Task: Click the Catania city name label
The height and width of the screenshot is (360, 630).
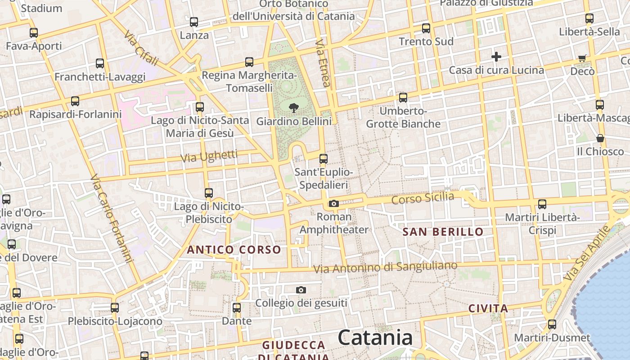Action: click(x=375, y=337)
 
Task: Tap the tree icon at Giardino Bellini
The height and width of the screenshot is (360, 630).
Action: click(x=294, y=108)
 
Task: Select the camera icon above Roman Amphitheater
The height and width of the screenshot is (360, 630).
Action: click(x=333, y=204)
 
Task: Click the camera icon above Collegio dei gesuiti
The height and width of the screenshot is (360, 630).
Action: click(x=301, y=290)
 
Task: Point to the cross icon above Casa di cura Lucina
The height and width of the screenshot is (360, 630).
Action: click(x=496, y=57)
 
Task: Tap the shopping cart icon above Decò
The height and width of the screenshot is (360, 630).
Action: click(x=582, y=58)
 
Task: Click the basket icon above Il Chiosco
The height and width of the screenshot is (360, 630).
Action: click(x=600, y=138)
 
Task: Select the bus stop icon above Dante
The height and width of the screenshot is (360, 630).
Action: click(x=237, y=308)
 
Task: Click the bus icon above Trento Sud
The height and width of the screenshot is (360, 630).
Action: click(x=426, y=28)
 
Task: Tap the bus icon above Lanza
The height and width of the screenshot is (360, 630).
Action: click(x=194, y=22)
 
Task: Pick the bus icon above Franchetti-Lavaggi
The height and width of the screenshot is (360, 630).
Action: click(x=100, y=63)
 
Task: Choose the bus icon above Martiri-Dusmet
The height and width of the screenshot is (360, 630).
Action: click(x=552, y=324)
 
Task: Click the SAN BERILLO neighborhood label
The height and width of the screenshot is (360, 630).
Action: click(x=443, y=232)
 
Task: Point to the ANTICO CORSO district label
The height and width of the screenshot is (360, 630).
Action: click(x=234, y=250)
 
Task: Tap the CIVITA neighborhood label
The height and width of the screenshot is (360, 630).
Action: click(x=488, y=309)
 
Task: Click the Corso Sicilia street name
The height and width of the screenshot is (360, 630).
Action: click(x=423, y=198)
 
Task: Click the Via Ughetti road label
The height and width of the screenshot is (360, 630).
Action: click(x=209, y=157)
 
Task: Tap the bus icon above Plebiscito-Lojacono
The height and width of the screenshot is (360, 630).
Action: click(x=115, y=308)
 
